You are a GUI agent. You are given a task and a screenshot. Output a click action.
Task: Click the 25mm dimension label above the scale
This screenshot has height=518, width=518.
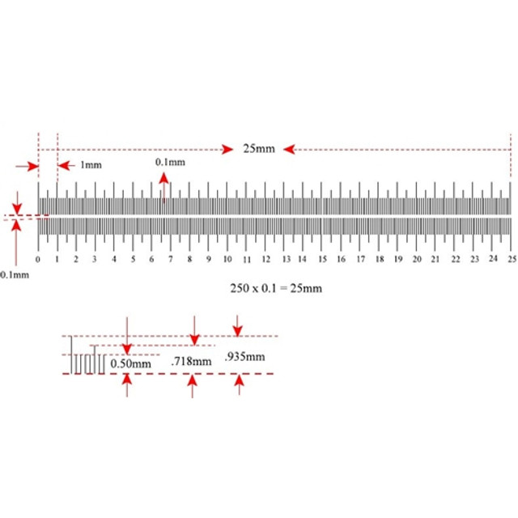[259, 149]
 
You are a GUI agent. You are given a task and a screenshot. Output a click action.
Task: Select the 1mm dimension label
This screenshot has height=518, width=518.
[91, 165]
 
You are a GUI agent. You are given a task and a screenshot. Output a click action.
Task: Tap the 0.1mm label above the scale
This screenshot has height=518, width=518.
[170, 162]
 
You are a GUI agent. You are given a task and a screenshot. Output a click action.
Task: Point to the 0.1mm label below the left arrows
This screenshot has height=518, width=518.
[15, 275]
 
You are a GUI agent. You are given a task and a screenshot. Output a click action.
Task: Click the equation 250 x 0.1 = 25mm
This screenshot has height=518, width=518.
[276, 288]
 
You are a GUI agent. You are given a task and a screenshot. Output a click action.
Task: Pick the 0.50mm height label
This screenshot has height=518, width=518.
[130, 363]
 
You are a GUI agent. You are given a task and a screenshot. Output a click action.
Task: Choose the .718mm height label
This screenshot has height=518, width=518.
[191, 361]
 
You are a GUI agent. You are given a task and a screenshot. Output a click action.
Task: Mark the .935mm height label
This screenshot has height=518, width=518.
[244, 357]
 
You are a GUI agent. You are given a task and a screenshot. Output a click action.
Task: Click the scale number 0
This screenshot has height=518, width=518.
[38, 259]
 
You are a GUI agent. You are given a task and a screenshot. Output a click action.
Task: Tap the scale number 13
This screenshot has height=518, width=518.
[286, 259]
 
